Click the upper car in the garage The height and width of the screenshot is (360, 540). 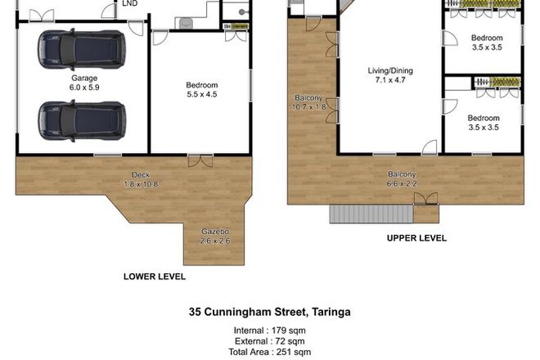click(80, 51)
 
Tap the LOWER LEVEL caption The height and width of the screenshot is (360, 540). click(154, 277)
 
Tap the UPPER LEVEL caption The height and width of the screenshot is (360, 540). click(416, 238)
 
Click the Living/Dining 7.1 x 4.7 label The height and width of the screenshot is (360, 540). click(389, 76)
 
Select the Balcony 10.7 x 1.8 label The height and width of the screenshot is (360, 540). click(310, 102)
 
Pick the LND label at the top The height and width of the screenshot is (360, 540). click(128, 4)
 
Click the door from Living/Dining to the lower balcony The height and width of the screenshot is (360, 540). click(430, 147)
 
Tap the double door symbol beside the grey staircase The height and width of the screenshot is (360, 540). click(425, 199)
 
